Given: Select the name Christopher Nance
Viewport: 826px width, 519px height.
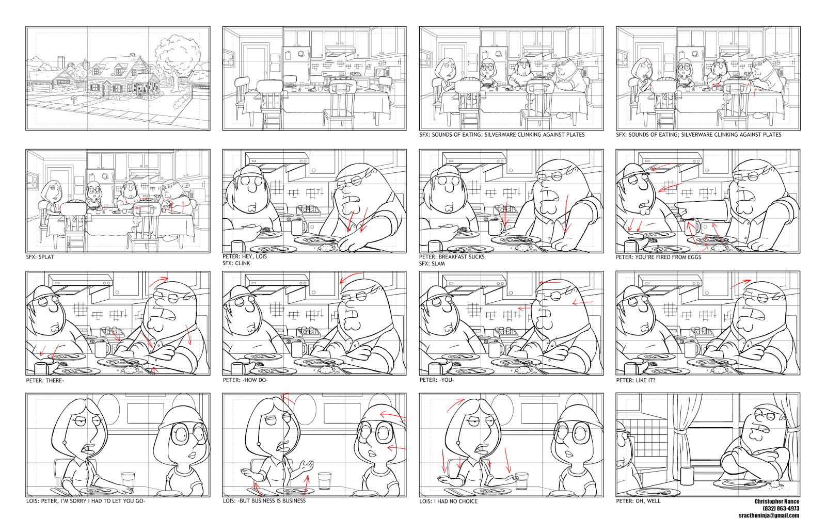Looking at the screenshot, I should pos(776,501).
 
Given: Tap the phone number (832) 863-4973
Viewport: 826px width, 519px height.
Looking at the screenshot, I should pos(781,509).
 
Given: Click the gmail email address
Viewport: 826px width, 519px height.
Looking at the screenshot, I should pos(769,515).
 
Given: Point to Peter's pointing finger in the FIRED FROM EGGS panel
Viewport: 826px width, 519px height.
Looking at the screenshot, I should pos(677,210).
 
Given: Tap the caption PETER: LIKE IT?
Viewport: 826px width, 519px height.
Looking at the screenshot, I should pos(636,380).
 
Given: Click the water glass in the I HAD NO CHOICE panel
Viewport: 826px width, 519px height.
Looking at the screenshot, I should pos(521,480).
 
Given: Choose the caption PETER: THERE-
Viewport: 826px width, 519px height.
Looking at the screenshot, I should pos(45,381).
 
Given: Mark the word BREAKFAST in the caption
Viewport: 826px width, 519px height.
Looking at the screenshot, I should pos(452,257).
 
